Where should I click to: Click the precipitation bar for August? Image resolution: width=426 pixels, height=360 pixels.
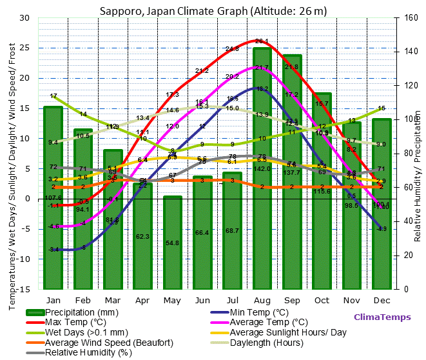[262, 194]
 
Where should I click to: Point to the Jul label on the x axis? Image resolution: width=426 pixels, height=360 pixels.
[232, 300]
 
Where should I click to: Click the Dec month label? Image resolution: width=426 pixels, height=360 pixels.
[382, 300]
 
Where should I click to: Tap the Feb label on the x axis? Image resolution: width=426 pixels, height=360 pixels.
[83, 300]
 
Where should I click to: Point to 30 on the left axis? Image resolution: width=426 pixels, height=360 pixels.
[24, 17]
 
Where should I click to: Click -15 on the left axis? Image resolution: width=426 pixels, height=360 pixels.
[23, 289]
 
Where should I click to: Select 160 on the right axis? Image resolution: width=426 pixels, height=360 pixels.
[410, 17]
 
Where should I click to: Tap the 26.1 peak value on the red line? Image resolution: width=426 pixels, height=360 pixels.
[262, 41]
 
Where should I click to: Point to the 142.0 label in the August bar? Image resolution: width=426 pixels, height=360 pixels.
[262, 169]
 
